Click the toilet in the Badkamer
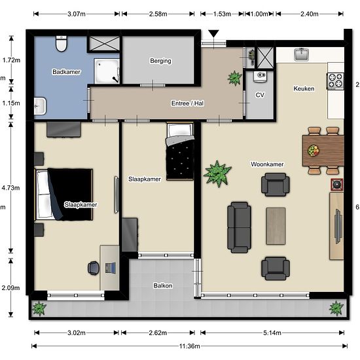[x=62, y=43]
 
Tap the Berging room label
[x=160, y=61]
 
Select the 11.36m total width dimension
[x=190, y=346]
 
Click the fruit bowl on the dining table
[x=314, y=151]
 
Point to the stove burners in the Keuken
[x=335, y=81]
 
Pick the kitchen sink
[x=302, y=54]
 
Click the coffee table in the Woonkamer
[x=276, y=226]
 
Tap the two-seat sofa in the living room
[x=239, y=227]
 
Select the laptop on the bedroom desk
[x=111, y=268]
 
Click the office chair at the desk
[x=94, y=268]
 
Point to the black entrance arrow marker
[x=214, y=34]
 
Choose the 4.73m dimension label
[x=10, y=188]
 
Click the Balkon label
[x=163, y=285]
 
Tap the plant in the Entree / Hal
[x=234, y=78]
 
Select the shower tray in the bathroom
[x=107, y=71]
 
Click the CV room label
[x=260, y=95]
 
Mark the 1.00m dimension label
[x=259, y=14]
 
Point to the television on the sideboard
[x=338, y=226]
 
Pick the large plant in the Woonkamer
[x=217, y=173]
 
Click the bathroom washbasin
[x=40, y=106]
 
